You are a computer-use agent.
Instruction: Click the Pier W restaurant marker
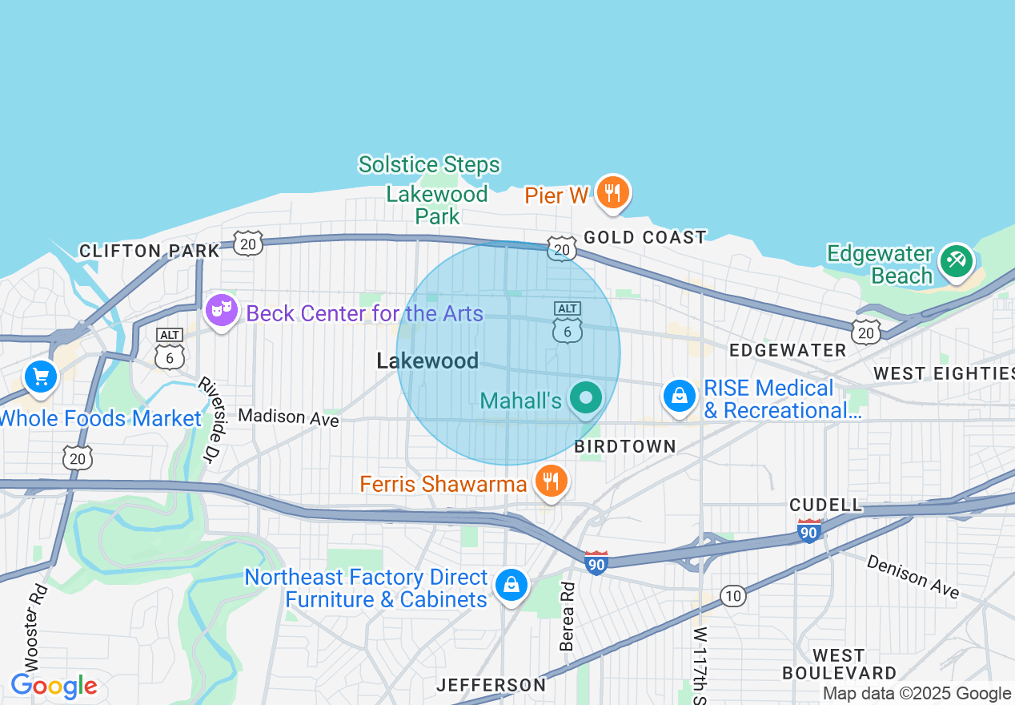(612, 193)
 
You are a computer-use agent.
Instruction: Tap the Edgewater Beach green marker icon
(956, 261)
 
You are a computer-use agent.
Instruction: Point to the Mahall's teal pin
(587, 398)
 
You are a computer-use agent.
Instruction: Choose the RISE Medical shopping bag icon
(680, 396)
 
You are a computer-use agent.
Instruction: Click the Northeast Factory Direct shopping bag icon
(510, 585)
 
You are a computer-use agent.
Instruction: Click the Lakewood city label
(427, 361)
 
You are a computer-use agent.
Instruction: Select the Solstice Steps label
(429, 165)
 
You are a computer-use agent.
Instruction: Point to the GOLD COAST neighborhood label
(645, 237)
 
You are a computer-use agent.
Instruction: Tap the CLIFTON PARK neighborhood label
(150, 251)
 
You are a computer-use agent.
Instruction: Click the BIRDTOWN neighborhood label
(625, 446)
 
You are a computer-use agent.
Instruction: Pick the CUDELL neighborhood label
(825, 505)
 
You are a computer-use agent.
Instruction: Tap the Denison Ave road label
(913, 574)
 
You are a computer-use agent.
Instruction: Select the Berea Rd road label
(568, 615)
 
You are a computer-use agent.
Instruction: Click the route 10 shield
(732, 595)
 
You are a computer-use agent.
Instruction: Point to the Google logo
(54, 687)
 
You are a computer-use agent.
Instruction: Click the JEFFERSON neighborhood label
(491, 685)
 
